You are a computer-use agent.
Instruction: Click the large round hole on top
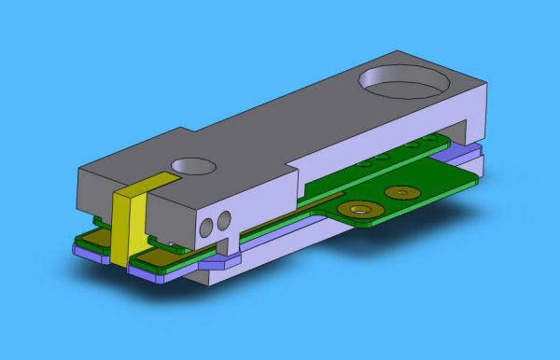[x=401, y=83]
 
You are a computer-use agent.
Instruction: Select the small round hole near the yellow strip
[x=193, y=166]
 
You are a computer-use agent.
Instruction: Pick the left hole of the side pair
[x=206, y=227]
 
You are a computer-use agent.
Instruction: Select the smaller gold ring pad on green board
[x=401, y=192]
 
